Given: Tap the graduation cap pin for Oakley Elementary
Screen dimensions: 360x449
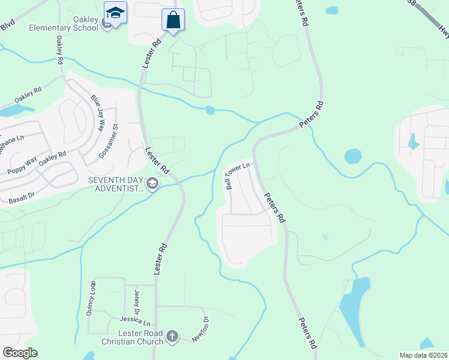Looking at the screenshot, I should pos(115,12).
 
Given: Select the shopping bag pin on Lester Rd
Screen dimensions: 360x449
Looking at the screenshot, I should pos(173,20).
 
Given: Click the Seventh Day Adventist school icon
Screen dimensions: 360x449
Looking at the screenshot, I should pos(152,184).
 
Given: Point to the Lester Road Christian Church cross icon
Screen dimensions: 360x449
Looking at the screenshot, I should pos(172,336).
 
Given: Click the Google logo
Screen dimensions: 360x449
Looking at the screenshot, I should pos(20,353).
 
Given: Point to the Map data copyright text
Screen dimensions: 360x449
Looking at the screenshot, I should pos(423,355).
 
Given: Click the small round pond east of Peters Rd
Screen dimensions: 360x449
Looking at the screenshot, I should pos(353,157).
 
